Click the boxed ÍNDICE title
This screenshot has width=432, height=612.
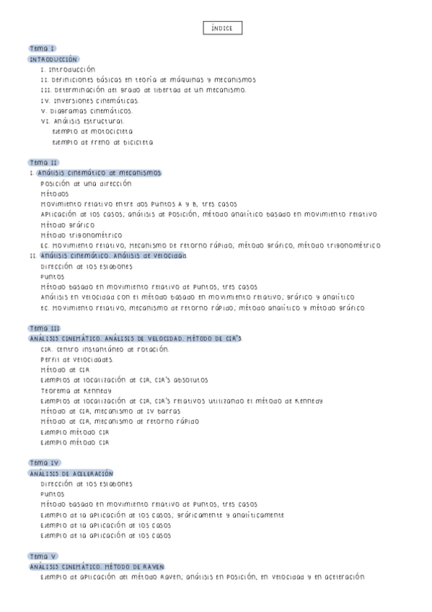coord(222,28)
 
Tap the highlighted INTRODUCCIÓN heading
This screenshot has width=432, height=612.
coord(53,58)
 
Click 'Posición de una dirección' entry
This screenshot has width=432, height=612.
coord(86,183)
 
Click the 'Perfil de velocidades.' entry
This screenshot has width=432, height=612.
coord(77,359)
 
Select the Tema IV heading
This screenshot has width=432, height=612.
coord(45,463)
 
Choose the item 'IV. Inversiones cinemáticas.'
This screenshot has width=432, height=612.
coord(89,101)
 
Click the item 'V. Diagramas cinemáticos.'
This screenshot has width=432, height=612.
coord(87,111)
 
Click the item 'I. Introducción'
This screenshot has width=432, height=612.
coord(68,69)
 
